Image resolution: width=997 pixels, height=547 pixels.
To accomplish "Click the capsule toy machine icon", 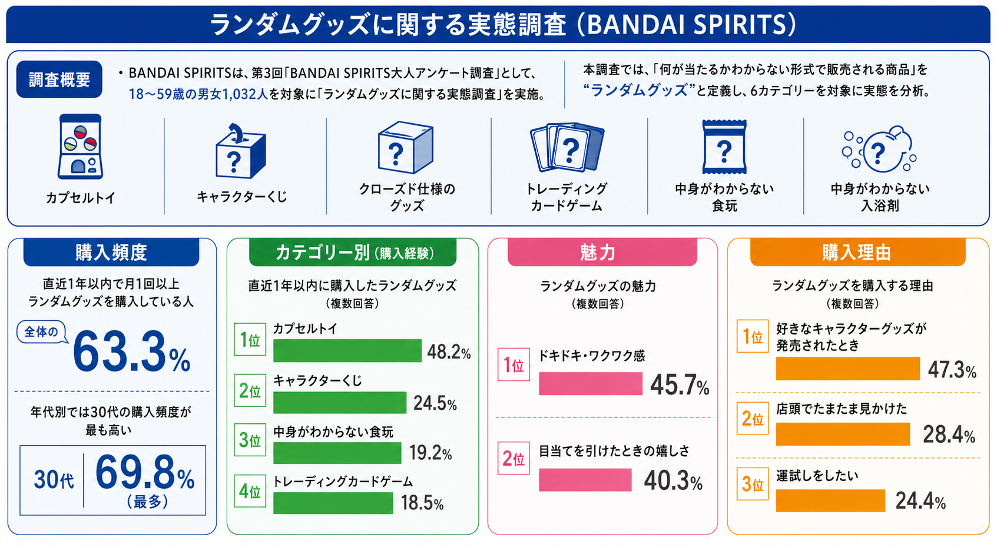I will pos(81,147).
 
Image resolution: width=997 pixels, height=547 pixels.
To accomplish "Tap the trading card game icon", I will pos(567,147).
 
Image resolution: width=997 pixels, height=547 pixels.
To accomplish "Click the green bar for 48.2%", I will pos(347,351).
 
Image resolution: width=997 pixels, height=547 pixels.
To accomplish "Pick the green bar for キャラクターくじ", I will pos(340,403).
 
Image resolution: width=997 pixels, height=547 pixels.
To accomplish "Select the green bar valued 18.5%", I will pos(333,503).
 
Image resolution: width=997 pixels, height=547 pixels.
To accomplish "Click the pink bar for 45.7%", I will pos(590,384).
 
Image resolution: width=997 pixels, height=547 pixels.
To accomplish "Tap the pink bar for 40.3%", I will pos(585,480).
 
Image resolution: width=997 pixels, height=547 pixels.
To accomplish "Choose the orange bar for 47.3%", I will pos(847,369).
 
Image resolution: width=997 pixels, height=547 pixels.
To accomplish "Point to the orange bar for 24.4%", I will pos(830,500).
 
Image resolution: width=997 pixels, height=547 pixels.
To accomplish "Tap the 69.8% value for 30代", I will pos(145,473).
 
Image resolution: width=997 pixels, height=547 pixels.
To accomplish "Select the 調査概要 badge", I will pos(59,79).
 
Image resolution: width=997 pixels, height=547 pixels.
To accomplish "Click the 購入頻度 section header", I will pos(111,253).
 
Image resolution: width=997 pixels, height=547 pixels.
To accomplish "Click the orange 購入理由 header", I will pos(857,253).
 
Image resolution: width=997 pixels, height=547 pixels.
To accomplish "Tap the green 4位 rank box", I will pos(250,491).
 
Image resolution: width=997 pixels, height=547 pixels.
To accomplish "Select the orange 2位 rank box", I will pos(753,419).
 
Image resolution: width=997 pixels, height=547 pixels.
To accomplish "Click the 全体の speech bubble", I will pos(41,332).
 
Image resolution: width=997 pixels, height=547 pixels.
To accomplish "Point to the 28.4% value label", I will pos(949,435).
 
